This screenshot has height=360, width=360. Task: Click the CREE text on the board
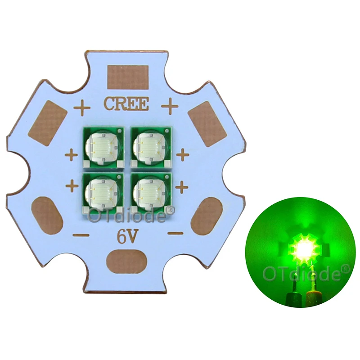pyautogui.click(x=126, y=103)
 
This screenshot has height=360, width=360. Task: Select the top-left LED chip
pyautogui.click(x=103, y=147)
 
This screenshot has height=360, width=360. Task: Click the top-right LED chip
pyautogui.click(x=151, y=147)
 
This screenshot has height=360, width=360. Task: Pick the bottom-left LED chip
pyautogui.click(x=103, y=193)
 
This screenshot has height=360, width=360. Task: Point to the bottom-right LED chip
pyautogui.click(x=151, y=193)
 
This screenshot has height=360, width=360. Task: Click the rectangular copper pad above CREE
pyautogui.click(x=128, y=77)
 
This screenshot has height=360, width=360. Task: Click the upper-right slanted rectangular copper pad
pyautogui.click(x=207, y=124)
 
